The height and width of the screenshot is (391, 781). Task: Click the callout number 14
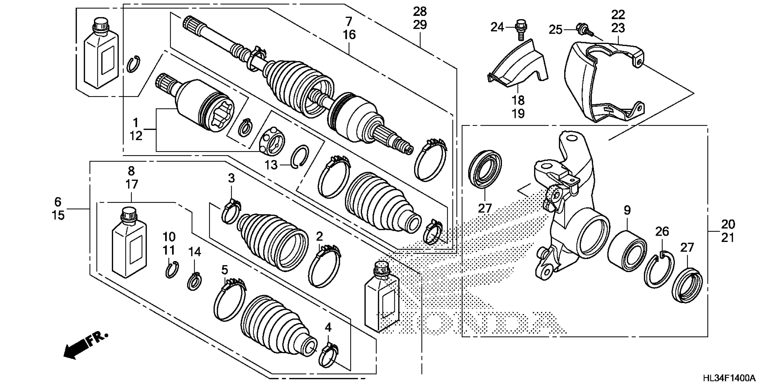(x=195, y=251)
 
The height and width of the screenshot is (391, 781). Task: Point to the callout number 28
(x=420, y=12)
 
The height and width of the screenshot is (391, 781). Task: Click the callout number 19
(x=518, y=114)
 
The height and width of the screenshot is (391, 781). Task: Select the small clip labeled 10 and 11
(x=172, y=269)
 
